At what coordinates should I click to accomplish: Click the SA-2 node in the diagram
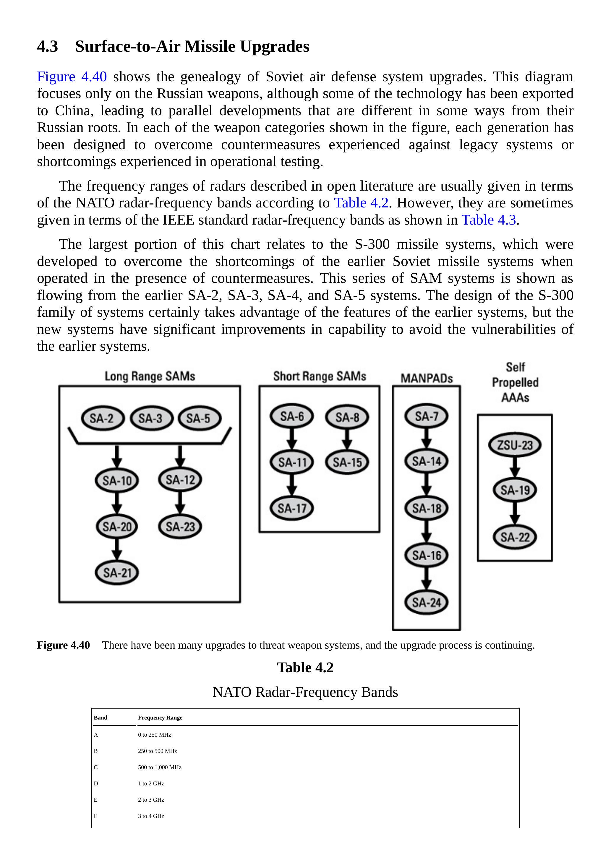102,418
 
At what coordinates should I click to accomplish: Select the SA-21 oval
117,573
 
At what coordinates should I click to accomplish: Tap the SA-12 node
180,480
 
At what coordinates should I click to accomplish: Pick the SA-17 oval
292,509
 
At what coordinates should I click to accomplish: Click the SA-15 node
347,462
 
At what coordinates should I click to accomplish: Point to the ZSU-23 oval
515,445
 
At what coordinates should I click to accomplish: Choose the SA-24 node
426,602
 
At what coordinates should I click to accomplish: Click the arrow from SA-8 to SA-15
347,439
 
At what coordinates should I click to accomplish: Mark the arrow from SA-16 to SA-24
426,579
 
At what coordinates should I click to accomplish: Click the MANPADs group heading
426,378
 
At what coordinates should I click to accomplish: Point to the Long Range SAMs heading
150,376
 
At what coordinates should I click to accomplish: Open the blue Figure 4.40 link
72,77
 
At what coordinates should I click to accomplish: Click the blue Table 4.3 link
488,220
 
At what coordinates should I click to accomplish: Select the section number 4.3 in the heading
47,47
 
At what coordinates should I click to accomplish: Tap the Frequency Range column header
160,718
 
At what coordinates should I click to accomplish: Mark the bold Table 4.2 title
305,668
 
